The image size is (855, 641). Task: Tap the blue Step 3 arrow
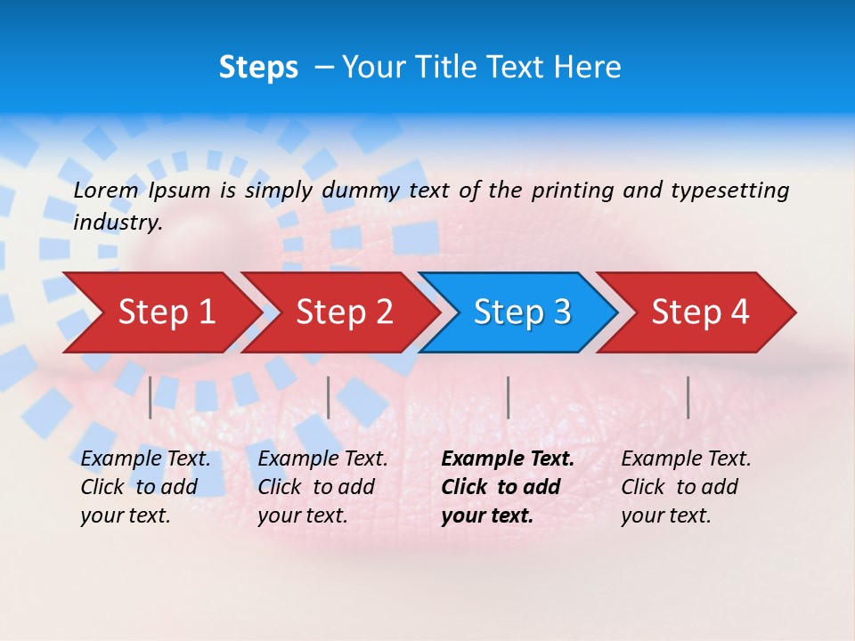pos(522,312)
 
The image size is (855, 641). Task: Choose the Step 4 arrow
pos(700,312)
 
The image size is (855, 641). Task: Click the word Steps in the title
pos(258,68)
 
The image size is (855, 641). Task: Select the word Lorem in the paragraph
pos(105,190)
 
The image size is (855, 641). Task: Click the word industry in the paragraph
pos(117,222)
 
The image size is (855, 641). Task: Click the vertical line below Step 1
pos(151,397)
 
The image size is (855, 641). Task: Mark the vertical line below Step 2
pos(329,397)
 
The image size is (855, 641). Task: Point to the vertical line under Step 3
pos(508,397)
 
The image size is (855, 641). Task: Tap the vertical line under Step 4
pos(688,397)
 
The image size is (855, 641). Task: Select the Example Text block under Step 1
pos(145,486)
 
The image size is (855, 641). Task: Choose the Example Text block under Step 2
pos(322,486)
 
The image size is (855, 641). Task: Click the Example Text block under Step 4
pos(686,486)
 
